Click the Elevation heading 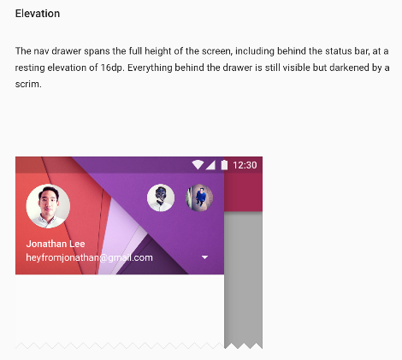click(x=38, y=14)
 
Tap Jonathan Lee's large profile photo click(x=48, y=206)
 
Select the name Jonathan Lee click(x=56, y=244)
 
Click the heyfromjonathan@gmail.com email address click(x=89, y=257)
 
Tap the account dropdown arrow click(x=204, y=257)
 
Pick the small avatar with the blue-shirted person click(x=199, y=198)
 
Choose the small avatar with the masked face click(x=161, y=198)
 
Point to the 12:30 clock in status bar click(x=245, y=165)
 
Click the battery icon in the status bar click(x=224, y=165)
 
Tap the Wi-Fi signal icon click(x=198, y=165)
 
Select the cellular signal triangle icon click(x=210, y=165)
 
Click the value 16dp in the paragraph click(x=112, y=68)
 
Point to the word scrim click(x=28, y=85)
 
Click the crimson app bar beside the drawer click(x=243, y=192)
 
